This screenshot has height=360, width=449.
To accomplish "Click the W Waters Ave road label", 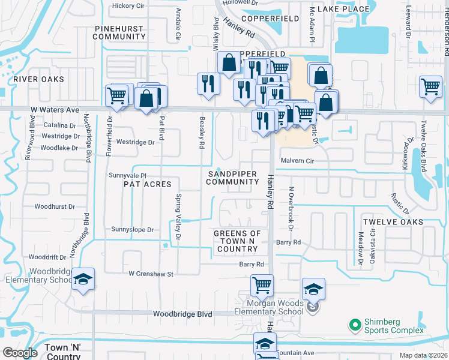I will tap(55, 110).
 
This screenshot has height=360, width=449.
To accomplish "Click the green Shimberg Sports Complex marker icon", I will tap(355, 326).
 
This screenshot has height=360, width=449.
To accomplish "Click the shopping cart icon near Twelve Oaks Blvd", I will tap(430, 87).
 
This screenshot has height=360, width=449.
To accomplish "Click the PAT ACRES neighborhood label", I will tap(147, 184).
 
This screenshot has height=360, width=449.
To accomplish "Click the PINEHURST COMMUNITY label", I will tap(119, 32).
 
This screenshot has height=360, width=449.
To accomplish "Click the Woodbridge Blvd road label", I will tap(182, 314).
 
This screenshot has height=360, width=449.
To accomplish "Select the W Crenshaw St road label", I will tap(151, 274).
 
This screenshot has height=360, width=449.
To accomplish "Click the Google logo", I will tap(20, 352).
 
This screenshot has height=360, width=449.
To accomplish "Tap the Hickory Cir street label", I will tap(128, 6).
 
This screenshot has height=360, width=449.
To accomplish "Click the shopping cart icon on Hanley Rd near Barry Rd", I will tap(262, 286).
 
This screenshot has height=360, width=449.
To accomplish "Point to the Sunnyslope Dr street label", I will tap(133, 230).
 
